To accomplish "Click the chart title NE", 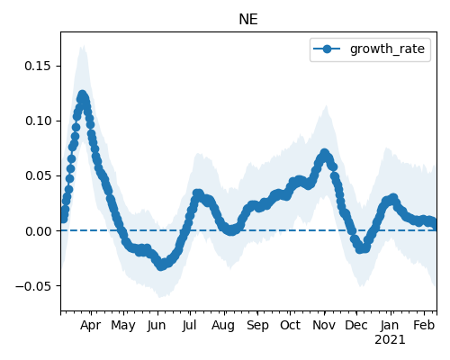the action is (x=248, y=20).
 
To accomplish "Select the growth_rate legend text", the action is (x=387, y=49).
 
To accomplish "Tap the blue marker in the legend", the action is (x=327, y=49).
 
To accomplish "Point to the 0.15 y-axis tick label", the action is (x=38, y=66).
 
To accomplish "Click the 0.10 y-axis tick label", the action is (x=38, y=121).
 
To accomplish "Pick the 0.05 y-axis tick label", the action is (x=38, y=175).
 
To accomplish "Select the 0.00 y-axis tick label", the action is (x=38, y=231).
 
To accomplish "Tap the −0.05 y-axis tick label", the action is (x=33, y=286).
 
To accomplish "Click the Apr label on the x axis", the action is (x=91, y=325).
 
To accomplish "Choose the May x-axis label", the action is (x=123, y=325).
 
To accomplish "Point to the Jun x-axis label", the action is (x=157, y=325).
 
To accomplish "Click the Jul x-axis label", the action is (x=189, y=325).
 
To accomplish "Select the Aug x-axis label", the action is (x=223, y=325).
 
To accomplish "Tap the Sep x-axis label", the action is (x=257, y=325).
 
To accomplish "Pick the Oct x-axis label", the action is (x=290, y=325).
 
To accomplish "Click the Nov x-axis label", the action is (x=324, y=325).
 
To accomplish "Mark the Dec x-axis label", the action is (x=356, y=325).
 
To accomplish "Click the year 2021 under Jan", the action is (x=390, y=340).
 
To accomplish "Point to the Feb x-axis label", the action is (x=424, y=325).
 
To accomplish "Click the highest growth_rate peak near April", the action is (x=82, y=95).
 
